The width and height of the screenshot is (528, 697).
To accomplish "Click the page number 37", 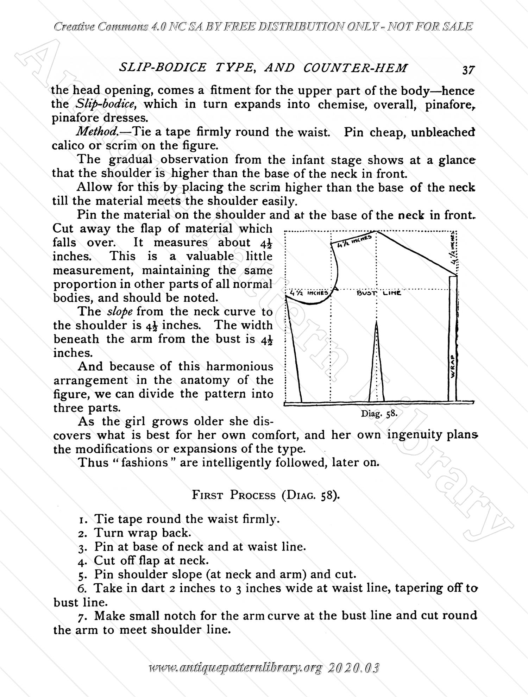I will tap(468, 70).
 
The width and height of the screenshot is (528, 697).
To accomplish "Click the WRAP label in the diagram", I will tap(453, 366).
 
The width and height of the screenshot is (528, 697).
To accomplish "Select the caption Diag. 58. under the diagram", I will tap(379, 414).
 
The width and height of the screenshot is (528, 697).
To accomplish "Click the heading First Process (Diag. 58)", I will tap(266, 495).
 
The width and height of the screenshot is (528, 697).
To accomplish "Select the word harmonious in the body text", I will tap(240, 366).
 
